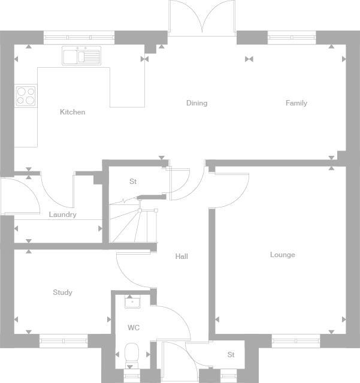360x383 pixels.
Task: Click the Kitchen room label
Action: tap(72, 112)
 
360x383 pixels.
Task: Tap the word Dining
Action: tap(196, 103)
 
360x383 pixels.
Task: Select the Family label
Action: tap(296, 103)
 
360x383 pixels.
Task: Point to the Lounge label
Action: tap(282, 255)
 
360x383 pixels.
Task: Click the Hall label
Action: tap(181, 257)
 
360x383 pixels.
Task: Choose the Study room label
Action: tap(62, 292)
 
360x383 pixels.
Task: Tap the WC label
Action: tap(133, 328)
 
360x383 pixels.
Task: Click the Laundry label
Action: tap(62, 215)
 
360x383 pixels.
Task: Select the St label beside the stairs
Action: tap(133, 182)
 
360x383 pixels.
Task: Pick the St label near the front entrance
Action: tap(231, 355)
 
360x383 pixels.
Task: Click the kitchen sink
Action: tap(81, 56)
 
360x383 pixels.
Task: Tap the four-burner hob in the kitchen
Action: tap(26, 95)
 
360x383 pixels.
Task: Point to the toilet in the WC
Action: tap(131, 354)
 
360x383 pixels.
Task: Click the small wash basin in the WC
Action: tap(132, 301)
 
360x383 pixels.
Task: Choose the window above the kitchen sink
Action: tap(79, 37)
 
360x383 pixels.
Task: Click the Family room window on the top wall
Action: tap(292, 37)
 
